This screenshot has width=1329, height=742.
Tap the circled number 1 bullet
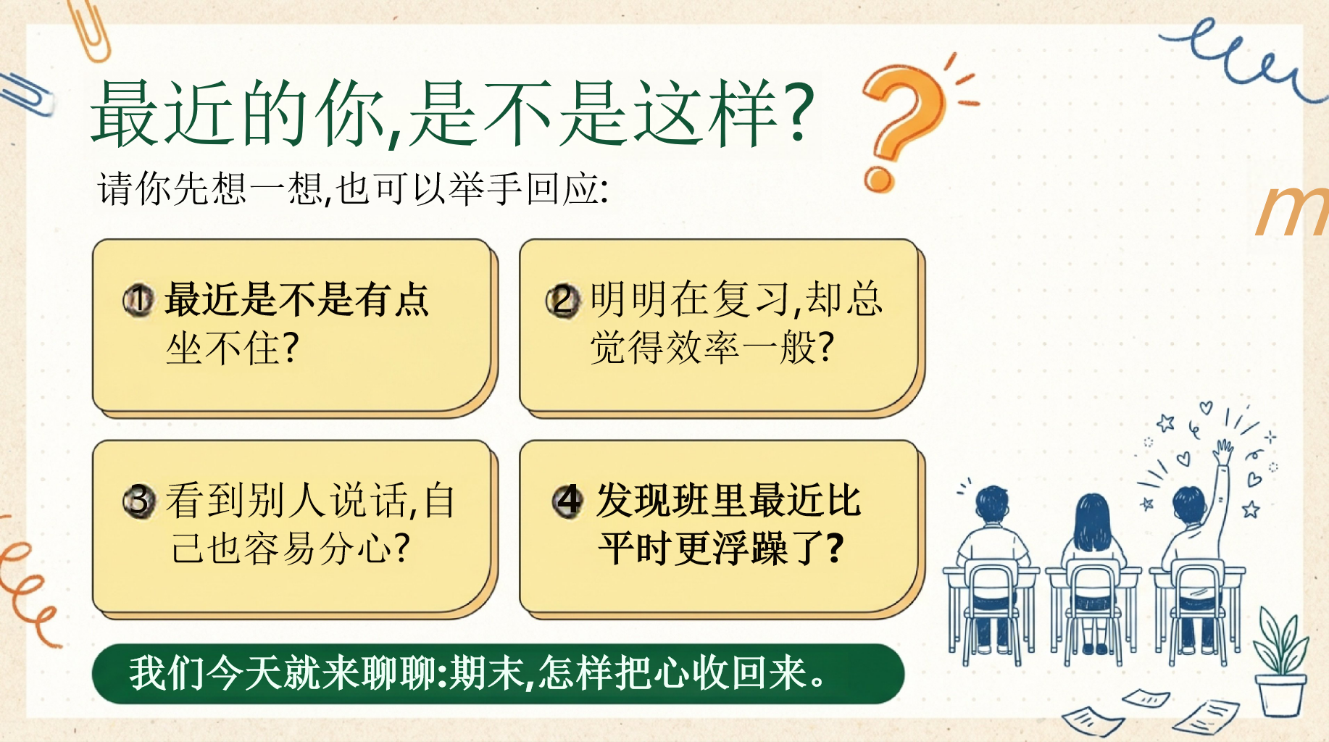point(138,300)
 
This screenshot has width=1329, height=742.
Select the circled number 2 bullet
point(563,300)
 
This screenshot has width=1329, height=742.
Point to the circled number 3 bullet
point(138,501)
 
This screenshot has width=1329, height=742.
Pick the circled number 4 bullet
point(567,500)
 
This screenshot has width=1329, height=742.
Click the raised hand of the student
point(1223,452)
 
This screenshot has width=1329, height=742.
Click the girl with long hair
point(1091,572)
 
